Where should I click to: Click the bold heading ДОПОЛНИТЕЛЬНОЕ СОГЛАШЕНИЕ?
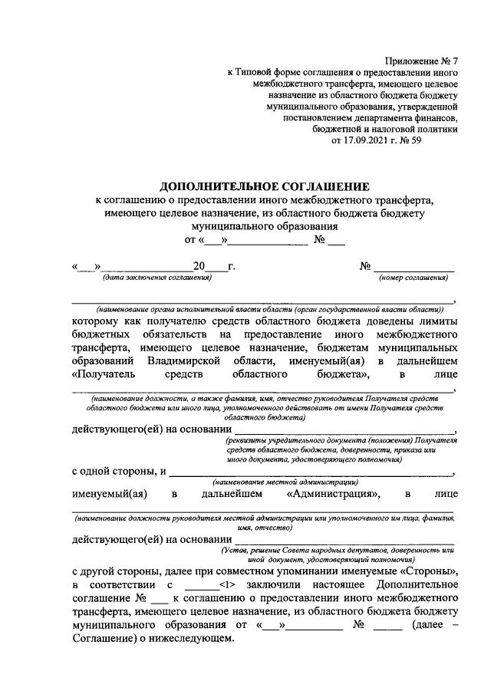264,186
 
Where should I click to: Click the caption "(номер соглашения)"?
414,277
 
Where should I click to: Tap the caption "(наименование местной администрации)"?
283,482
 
